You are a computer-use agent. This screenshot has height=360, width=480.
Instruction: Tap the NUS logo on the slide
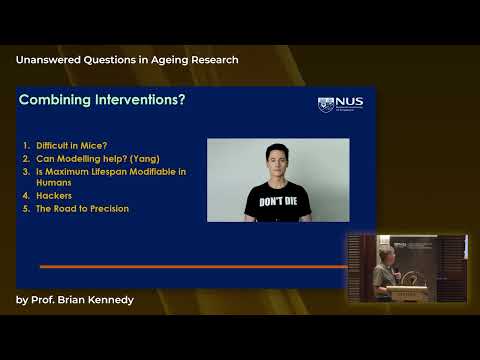tap(340, 103)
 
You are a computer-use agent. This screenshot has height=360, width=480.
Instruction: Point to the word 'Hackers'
tap(53, 196)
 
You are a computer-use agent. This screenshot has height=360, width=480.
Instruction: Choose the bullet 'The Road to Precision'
tap(81, 208)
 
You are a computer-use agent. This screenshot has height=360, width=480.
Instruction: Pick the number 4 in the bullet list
tap(25, 196)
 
